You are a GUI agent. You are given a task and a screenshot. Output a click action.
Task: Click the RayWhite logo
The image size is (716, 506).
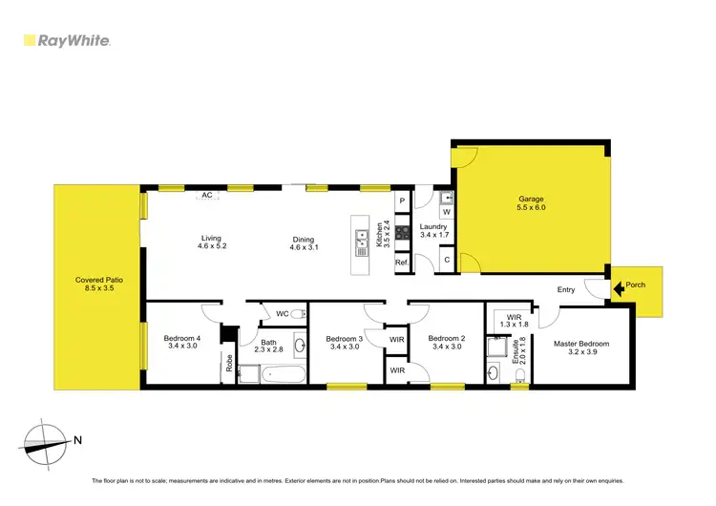click(67, 40)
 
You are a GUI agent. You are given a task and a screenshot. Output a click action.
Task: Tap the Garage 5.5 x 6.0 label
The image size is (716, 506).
click(531, 203)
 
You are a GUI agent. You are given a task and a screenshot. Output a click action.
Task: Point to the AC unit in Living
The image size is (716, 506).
click(206, 195)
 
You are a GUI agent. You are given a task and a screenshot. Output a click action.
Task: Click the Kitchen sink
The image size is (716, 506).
click(362, 244)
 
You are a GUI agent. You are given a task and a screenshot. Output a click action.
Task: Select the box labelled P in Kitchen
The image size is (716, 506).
click(403, 201)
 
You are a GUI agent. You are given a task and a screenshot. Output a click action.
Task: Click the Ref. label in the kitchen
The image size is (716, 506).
click(402, 263)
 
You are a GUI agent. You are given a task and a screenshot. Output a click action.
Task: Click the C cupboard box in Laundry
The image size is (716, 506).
click(446, 260)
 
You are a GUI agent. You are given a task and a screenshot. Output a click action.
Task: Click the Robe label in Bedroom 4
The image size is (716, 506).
click(230, 363)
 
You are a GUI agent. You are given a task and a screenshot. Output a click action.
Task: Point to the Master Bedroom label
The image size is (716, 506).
click(580, 348)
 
